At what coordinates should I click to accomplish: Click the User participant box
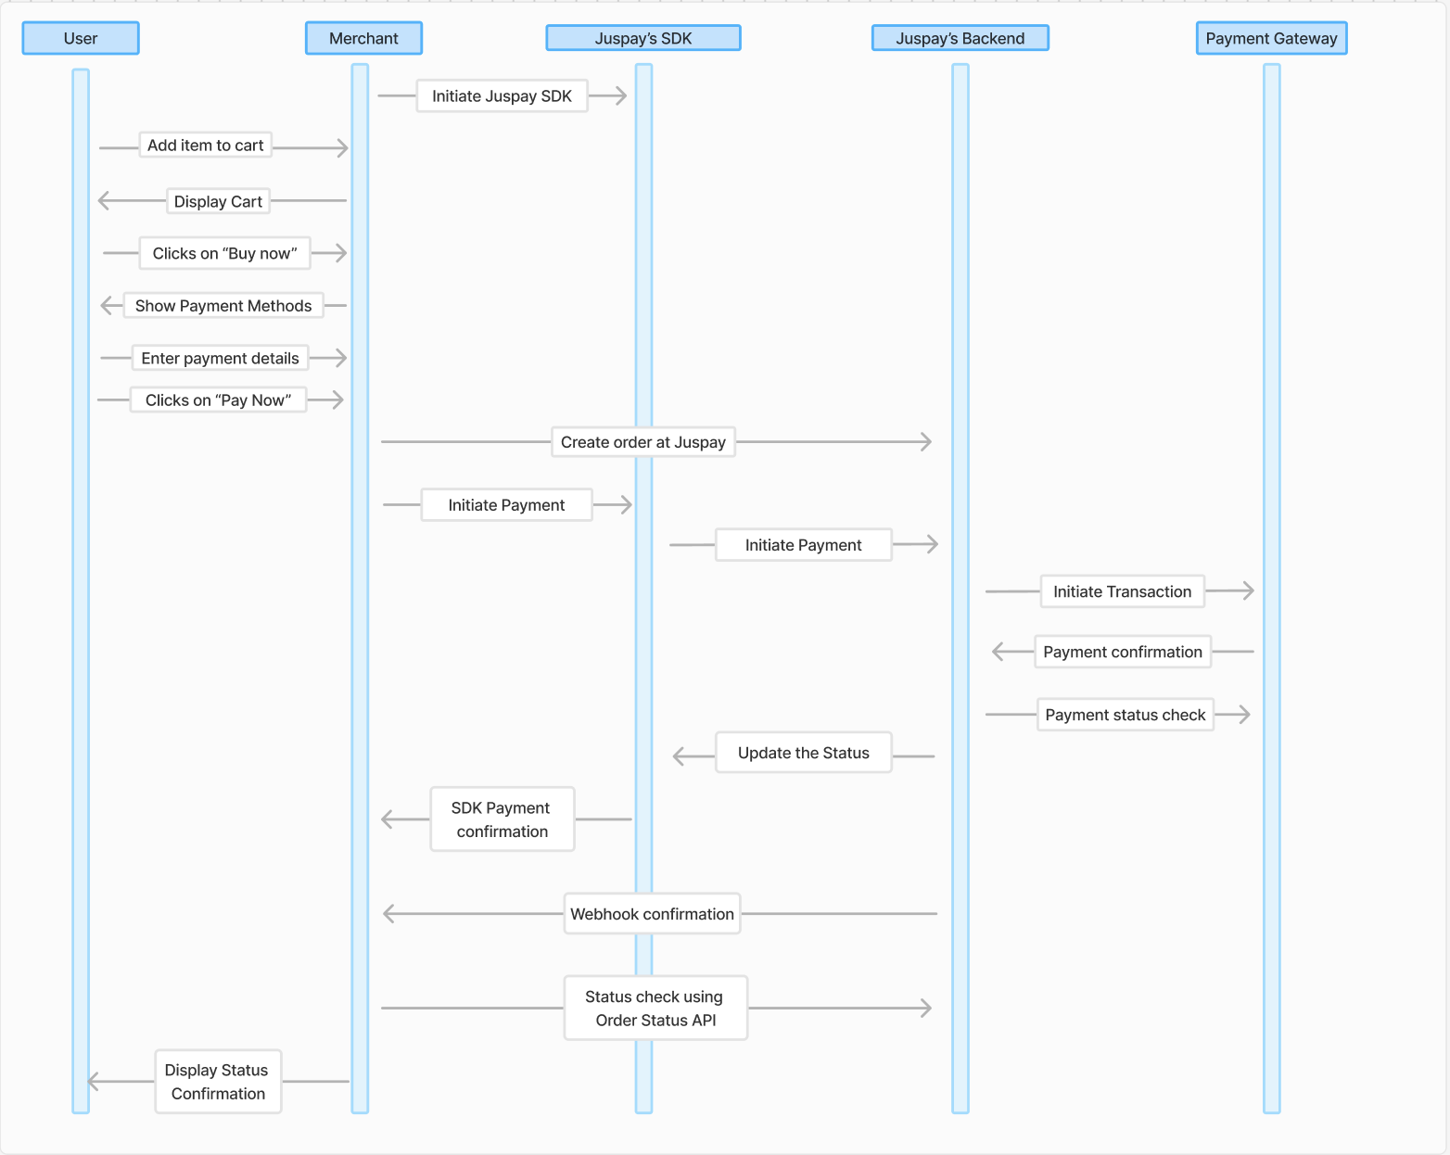click(x=81, y=39)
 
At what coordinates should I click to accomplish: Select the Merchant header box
click(x=363, y=39)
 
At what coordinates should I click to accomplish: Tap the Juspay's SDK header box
click(x=643, y=39)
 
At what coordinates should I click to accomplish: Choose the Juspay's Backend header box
click(x=960, y=39)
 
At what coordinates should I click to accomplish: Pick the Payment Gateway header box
click(x=1271, y=39)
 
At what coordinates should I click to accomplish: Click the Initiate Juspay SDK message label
click(x=502, y=96)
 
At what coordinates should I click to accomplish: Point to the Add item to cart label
click(x=205, y=146)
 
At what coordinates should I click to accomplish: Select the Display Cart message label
click(x=218, y=202)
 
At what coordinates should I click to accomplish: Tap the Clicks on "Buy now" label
click(x=224, y=254)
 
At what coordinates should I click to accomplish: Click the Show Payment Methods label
click(x=223, y=306)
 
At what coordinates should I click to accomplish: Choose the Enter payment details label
click(x=220, y=359)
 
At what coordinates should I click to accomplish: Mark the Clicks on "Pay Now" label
click(x=218, y=400)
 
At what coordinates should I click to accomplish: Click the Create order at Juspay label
click(x=642, y=443)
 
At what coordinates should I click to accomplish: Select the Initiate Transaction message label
click(x=1122, y=592)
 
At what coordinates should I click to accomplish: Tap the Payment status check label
click(x=1125, y=716)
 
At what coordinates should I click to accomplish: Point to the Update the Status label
click(x=803, y=754)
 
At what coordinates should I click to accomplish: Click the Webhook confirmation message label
click(x=652, y=915)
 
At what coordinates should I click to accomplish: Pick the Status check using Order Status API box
click(x=655, y=1009)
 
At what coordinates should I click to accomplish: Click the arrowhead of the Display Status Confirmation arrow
click(x=93, y=1082)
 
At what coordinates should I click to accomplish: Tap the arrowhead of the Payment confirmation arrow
click(x=998, y=653)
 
